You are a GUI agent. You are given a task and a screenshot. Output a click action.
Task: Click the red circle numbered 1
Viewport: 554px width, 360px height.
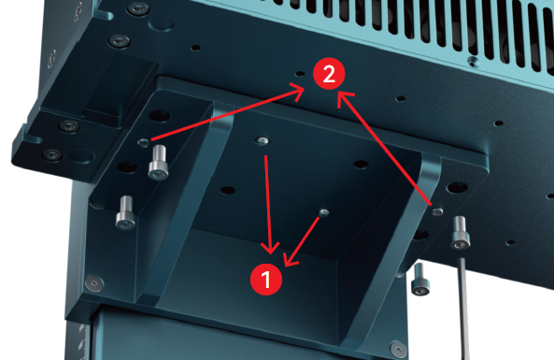pyautogui.click(x=266, y=280)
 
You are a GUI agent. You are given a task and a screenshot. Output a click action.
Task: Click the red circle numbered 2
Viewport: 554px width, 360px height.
pyautogui.click(x=329, y=74)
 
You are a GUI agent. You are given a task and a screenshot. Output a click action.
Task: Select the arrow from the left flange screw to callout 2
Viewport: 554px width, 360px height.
pyautogui.click(x=228, y=114)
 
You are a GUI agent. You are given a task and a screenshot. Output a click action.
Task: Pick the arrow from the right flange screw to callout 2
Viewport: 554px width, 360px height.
pyautogui.click(x=384, y=148)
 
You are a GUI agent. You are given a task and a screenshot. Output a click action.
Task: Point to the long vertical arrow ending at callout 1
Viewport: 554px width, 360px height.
pyautogui.click(x=268, y=205)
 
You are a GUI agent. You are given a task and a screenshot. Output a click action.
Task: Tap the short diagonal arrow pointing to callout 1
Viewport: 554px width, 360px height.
pyautogui.click(x=302, y=241)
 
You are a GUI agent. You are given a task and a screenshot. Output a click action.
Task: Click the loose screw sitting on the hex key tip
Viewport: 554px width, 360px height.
pyautogui.click(x=460, y=233)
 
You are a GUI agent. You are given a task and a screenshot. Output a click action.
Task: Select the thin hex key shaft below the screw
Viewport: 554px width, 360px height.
pyautogui.click(x=464, y=309)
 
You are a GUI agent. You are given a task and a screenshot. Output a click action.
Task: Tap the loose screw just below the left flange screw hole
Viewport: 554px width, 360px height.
pyautogui.click(x=158, y=163)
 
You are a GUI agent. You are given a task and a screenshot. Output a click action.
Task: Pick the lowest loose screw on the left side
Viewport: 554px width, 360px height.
pyautogui.click(x=125, y=212)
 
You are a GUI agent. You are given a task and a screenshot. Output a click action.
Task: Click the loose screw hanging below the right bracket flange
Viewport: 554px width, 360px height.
pyautogui.click(x=420, y=280)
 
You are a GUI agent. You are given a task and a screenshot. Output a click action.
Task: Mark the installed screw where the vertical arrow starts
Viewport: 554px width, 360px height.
pyautogui.click(x=262, y=141)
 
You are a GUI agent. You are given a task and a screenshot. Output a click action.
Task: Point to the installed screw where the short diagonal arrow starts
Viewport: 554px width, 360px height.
pyautogui.click(x=324, y=212)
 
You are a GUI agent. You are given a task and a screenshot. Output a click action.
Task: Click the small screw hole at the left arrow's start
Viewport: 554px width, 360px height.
pyautogui.click(x=144, y=143)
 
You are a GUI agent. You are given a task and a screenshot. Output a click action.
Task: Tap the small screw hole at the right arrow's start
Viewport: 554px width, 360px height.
pyautogui.click(x=437, y=212)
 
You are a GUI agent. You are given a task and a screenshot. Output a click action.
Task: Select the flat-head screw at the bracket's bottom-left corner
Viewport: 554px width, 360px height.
pyautogui.click(x=94, y=283)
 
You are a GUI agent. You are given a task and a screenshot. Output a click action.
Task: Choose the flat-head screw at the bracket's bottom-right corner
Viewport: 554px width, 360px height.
pyautogui.click(x=399, y=349)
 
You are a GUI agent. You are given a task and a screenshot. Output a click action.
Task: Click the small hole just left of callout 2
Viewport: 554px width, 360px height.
pyautogui.click(x=300, y=74)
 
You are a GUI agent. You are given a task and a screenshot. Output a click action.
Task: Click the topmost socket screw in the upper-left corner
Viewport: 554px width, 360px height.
pyautogui.click(x=137, y=8)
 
